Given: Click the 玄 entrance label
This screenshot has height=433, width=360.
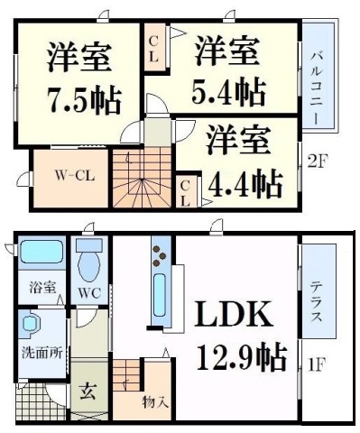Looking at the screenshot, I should pyautogui.click(x=88, y=392).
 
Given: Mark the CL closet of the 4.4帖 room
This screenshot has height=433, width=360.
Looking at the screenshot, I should pyautogui.click(x=184, y=192).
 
